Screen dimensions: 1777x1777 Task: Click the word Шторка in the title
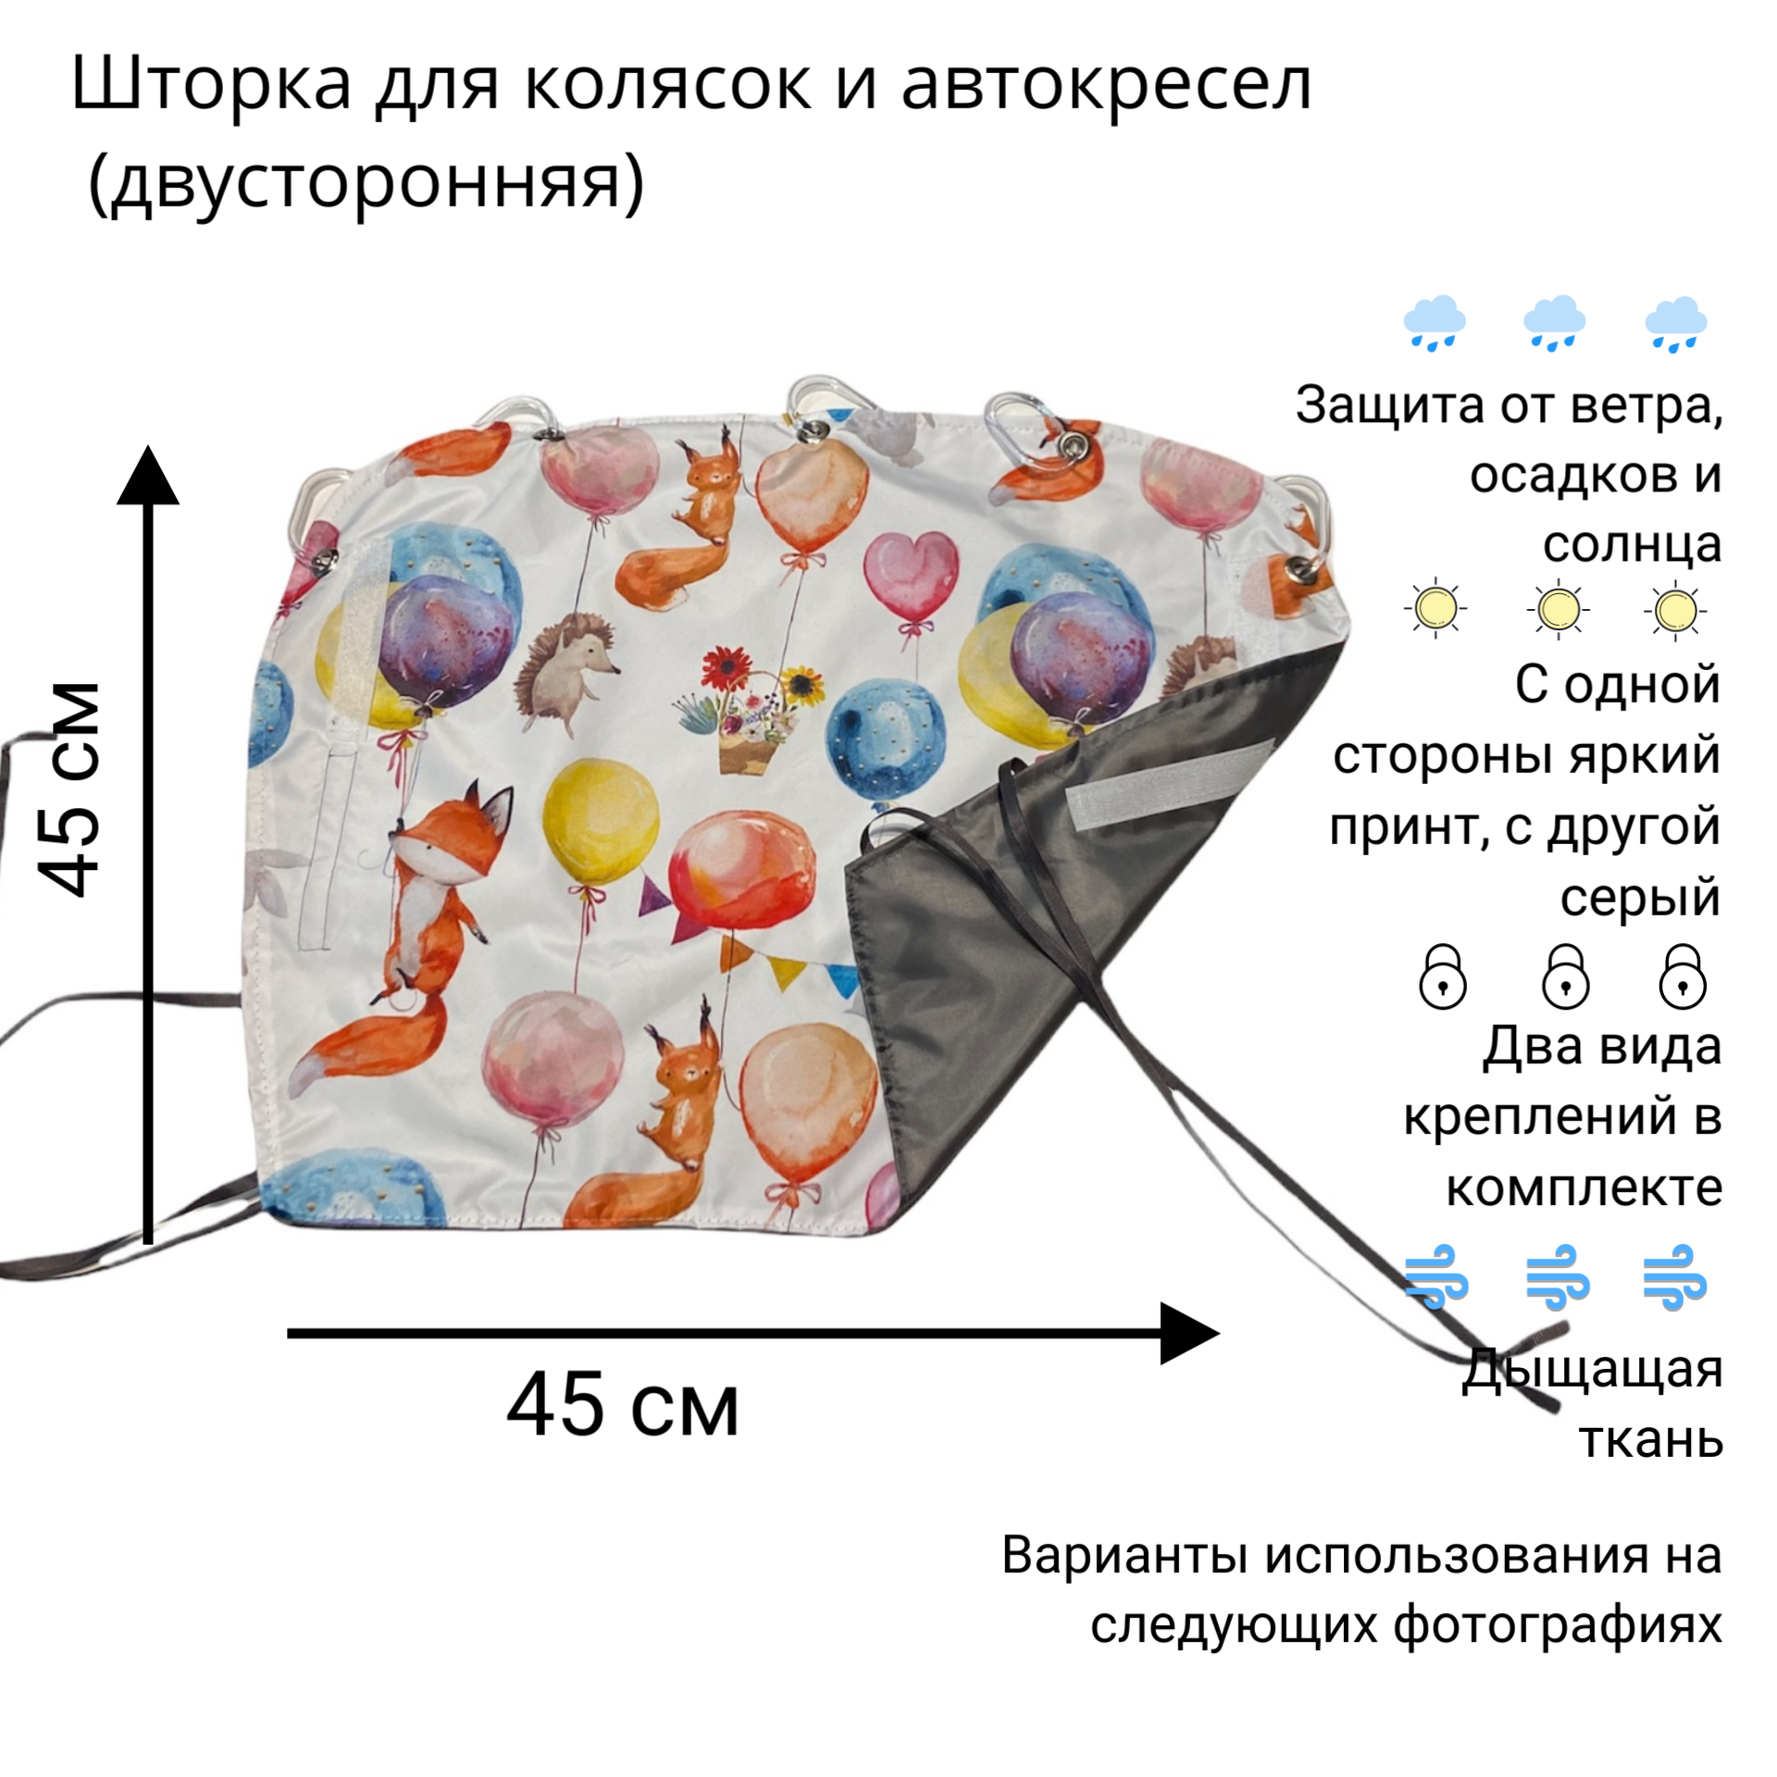(x=211, y=86)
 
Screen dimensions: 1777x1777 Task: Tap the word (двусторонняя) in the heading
(x=366, y=182)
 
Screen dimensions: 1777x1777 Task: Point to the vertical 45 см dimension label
(x=69, y=789)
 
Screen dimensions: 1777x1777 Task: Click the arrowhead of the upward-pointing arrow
(x=148, y=477)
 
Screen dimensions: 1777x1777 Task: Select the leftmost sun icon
(x=1435, y=609)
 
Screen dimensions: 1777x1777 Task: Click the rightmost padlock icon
(x=1683, y=977)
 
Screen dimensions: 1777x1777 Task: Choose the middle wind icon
(x=1557, y=1277)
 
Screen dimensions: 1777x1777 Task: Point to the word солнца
(x=1631, y=544)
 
